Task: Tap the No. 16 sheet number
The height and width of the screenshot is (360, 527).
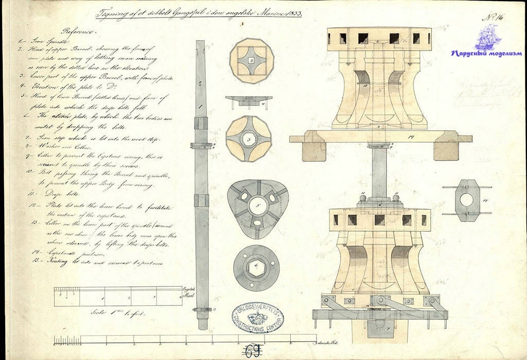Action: (493, 17)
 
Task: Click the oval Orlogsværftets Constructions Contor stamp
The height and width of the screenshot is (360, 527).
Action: (257, 317)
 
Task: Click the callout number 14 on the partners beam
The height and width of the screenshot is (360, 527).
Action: (410, 137)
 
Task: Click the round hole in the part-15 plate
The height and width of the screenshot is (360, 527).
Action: (466, 200)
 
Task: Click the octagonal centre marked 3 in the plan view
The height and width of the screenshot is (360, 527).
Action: (249, 140)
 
